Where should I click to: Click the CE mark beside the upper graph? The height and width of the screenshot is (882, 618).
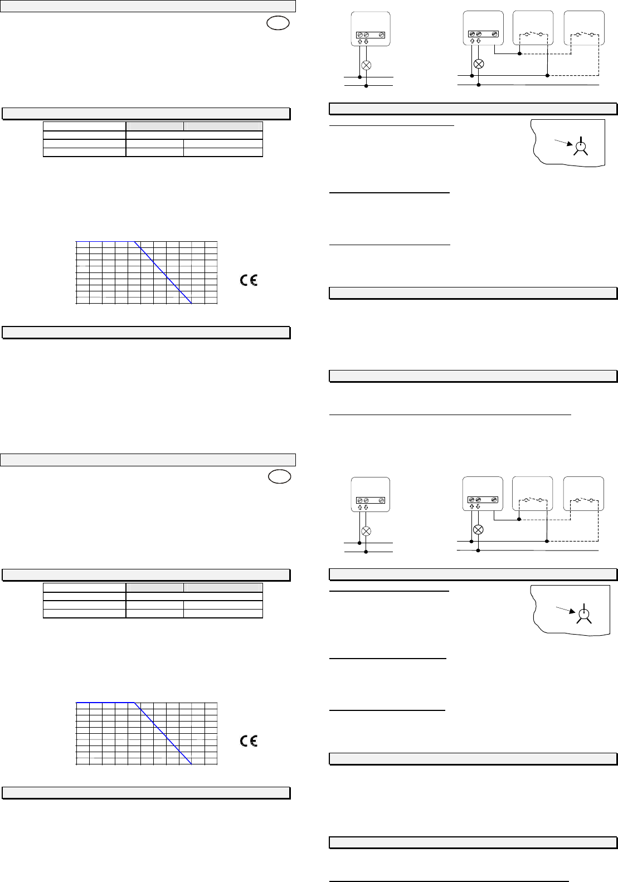249,280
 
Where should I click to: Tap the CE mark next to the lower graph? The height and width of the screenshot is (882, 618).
249,741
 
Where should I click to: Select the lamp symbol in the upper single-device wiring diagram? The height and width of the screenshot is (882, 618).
366,65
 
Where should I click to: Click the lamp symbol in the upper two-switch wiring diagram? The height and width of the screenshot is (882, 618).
479,63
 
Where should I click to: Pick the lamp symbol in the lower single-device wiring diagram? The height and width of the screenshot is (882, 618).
366,530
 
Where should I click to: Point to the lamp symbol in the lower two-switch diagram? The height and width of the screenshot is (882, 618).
478,529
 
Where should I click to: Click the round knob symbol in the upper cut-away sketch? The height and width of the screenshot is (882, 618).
581,147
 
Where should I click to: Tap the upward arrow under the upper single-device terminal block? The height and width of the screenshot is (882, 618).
359,42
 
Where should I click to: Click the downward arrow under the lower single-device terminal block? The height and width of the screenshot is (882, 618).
366,507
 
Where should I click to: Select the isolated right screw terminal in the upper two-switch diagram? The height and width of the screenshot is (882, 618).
496,35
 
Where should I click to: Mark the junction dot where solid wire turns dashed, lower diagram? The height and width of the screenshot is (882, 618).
519,520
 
